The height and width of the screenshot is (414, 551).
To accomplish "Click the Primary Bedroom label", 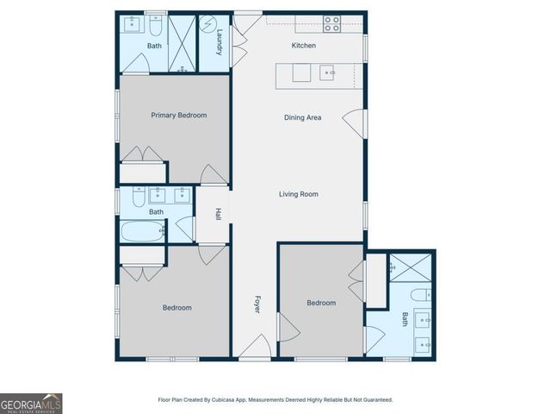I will click(x=179, y=115).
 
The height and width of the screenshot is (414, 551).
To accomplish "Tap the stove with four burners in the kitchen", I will click(x=331, y=23).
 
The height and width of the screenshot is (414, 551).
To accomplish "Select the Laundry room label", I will click(x=220, y=42).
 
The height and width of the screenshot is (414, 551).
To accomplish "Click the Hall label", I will click(x=219, y=213).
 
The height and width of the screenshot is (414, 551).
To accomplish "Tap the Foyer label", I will click(x=257, y=304).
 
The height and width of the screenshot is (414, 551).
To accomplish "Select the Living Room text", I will click(x=299, y=194).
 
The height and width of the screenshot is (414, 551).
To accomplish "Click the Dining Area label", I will click(x=302, y=117).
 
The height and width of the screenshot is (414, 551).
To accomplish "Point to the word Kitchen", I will click(x=304, y=45).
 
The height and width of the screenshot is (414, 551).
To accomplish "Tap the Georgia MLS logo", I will click(x=31, y=403).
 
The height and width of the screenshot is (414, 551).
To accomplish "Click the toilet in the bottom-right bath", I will click(x=419, y=296).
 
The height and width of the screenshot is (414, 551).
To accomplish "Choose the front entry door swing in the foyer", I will click(x=252, y=348).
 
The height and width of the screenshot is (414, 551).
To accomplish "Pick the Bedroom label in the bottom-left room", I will click(x=176, y=307).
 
